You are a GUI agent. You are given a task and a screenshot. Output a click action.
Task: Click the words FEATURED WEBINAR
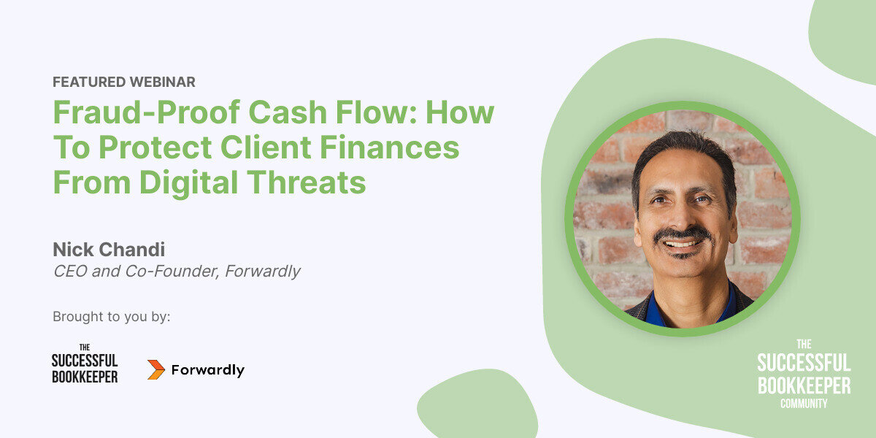point(124,82)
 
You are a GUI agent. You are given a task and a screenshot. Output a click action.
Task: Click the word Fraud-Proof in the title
point(147,112)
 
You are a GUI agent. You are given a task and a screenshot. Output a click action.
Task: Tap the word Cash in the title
point(288,112)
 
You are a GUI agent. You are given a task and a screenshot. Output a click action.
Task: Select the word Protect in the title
point(155,147)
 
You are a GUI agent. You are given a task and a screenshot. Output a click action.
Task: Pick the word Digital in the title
point(188,183)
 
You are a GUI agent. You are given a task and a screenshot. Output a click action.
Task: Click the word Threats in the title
point(306,182)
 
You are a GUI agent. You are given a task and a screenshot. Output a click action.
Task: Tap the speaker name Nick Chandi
point(109,250)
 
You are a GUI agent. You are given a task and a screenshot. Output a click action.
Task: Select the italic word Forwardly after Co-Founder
point(262,272)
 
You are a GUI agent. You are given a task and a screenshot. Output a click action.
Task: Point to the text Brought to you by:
point(112,317)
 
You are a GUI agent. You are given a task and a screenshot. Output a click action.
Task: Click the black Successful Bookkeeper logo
point(85,364)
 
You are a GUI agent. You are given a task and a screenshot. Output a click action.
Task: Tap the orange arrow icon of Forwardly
point(156,369)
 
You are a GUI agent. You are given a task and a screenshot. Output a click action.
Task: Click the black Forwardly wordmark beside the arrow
point(207,370)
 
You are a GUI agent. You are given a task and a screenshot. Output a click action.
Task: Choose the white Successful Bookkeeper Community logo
point(804,374)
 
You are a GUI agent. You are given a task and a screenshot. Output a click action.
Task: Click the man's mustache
point(683,234)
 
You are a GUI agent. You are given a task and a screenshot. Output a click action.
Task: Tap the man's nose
point(681,218)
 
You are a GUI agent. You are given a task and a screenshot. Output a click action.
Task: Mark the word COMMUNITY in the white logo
point(804,404)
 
